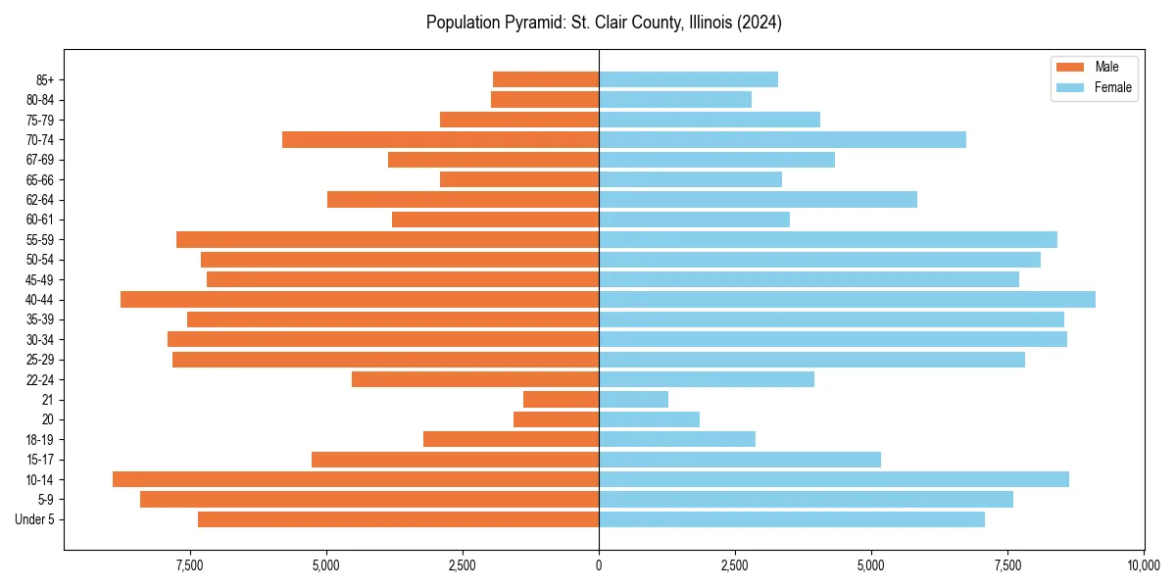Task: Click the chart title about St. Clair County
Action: click(604, 23)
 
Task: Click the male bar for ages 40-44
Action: click(360, 299)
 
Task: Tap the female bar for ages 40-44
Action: click(847, 299)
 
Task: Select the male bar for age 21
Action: click(561, 399)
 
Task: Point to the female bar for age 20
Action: click(649, 419)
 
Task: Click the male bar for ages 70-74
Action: click(440, 139)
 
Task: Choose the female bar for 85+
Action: click(688, 79)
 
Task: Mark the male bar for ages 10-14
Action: click(356, 479)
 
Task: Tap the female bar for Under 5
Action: click(792, 519)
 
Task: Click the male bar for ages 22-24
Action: click(475, 379)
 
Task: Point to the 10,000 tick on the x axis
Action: click(1144, 565)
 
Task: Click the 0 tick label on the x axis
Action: click(599, 565)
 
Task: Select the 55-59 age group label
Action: click(40, 239)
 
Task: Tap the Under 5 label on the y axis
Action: click(35, 519)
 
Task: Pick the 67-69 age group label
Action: click(40, 160)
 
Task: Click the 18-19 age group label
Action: click(40, 439)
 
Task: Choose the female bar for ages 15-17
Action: click(740, 459)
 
